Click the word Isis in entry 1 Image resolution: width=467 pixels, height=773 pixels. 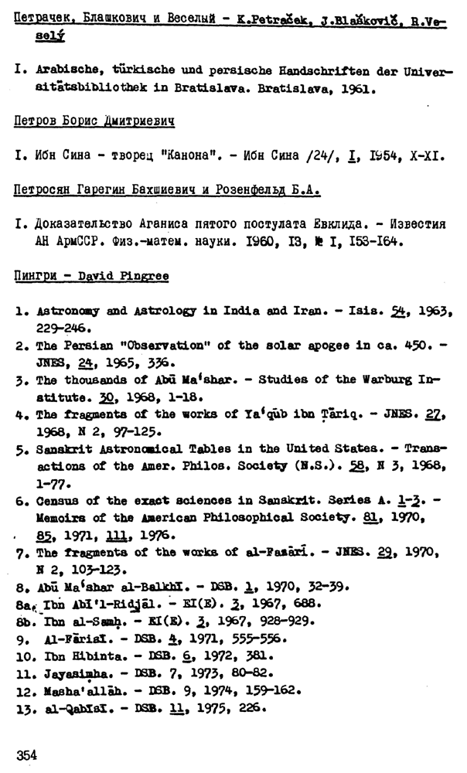[x=375, y=310]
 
